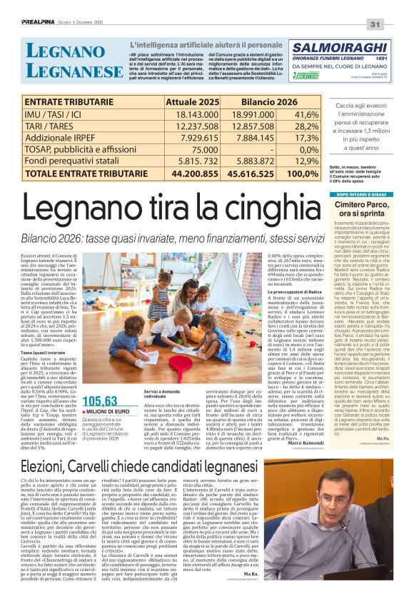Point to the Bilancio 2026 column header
(x=249, y=101)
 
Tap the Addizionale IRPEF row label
(x=70, y=138)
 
